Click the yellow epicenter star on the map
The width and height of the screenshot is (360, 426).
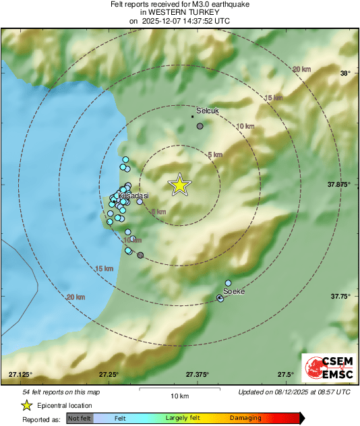click(x=179, y=185)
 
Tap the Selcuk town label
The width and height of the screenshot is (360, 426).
click(x=208, y=110)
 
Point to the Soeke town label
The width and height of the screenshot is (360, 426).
click(x=233, y=291)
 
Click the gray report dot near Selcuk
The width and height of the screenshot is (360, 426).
click(x=200, y=126)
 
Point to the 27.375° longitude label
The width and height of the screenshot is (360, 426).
click(x=197, y=374)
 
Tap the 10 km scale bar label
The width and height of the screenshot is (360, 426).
click(x=179, y=396)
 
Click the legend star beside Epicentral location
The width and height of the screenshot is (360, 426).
click(x=26, y=405)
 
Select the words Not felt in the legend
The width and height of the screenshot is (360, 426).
click(x=80, y=419)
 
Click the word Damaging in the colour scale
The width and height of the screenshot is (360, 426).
click(x=245, y=419)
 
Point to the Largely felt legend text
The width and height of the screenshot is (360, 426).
click(x=181, y=419)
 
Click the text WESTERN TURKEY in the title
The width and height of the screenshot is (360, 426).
click(x=179, y=12)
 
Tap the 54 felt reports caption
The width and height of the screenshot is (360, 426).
click(x=61, y=392)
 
